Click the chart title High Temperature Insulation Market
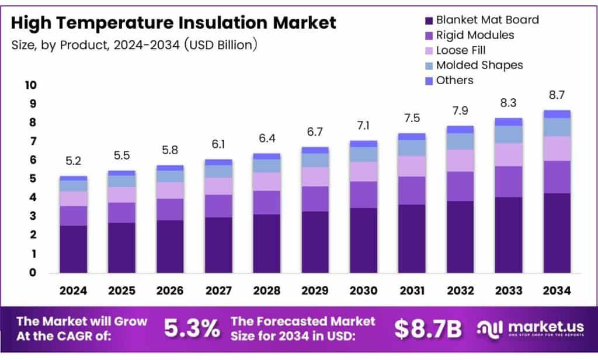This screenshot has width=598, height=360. tap(173, 23)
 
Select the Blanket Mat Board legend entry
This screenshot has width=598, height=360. tap(487, 20)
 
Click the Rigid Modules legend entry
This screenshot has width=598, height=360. tap(475, 35)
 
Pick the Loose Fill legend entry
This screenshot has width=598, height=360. tap(461, 50)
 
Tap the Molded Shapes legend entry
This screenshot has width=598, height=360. tap(479, 65)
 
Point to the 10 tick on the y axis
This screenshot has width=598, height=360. tap(30, 85)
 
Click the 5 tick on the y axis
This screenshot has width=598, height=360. tap(33, 179)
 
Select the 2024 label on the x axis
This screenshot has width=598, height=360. tap(73, 290)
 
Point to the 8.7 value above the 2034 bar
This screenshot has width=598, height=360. tap(557, 95)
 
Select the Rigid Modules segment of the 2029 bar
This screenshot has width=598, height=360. tap(315, 199)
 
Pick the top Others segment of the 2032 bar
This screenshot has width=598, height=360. tap(460, 129)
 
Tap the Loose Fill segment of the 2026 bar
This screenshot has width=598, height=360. tap(170, 191)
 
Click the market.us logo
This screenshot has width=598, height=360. tap(529, 329)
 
